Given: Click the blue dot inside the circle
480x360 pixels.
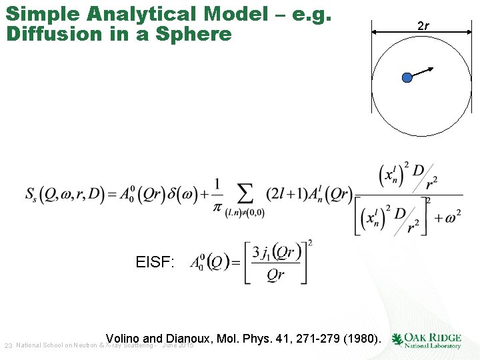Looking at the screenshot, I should click(407, 78).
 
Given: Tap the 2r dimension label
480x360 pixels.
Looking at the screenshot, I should click(423, 26).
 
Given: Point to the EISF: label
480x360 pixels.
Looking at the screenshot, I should click(155, 262).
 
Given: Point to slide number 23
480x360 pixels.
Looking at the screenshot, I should click(8, 345).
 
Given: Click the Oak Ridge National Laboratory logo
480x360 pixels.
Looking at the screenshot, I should click(427, 340).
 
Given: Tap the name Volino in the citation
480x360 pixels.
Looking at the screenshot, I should click(122, 339).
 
